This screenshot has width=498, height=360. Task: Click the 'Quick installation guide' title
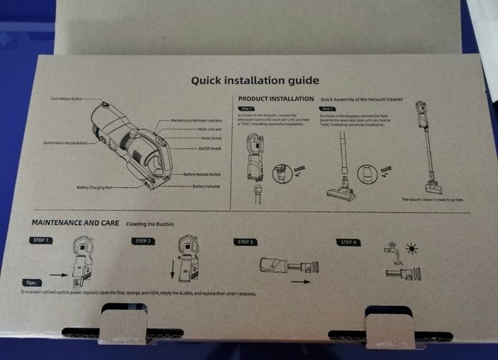255,80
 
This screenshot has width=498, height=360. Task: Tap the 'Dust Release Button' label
69,98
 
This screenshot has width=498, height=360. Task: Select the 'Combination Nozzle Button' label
65,143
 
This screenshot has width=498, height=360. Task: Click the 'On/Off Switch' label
208,148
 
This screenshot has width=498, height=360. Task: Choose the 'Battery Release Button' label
202,174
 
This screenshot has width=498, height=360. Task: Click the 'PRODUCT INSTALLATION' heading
275,99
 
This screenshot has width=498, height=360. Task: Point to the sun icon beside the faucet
411,248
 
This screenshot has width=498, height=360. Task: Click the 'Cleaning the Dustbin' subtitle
150,223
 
